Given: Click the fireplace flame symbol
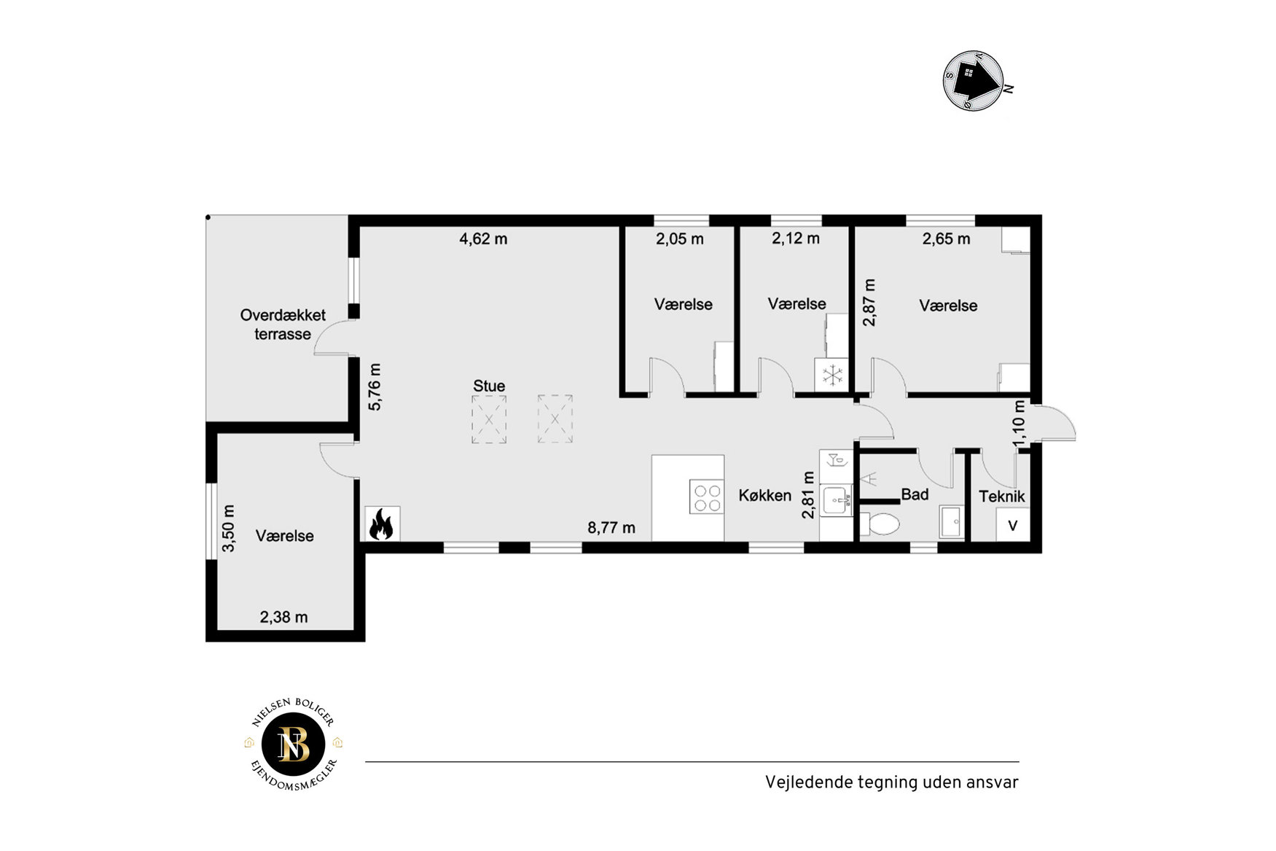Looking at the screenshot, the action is coord(380,524).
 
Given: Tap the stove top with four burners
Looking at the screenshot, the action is coord(706,497).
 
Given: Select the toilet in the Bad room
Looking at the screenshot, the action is coord(880,524).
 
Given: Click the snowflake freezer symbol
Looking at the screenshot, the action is coord(831,376).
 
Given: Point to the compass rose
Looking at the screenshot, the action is coord(974,81).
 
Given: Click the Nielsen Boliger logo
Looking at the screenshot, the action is coord(294,745).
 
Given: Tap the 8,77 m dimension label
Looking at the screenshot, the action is coord(611,528).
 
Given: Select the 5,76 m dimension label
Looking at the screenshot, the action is coord(375,387).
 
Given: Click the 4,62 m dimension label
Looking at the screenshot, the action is coord(483,238).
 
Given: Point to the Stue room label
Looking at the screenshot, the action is coord(489,386).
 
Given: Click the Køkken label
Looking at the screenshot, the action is coord(765,496).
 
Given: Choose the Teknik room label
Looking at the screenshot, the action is coord(1002,497).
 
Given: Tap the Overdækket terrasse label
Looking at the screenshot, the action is coord(283,325).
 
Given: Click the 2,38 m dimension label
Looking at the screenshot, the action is coord(283,617).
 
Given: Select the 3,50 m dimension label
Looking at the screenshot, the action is coord(228,528).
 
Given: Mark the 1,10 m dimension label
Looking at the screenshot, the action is coord(1019,423).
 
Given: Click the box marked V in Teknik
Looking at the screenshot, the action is coord(1013,525).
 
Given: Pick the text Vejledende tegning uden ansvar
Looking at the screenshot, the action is coord(892,782).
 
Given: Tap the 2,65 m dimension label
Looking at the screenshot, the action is coord(946,238).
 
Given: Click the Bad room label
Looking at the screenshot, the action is coord(915,494).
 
